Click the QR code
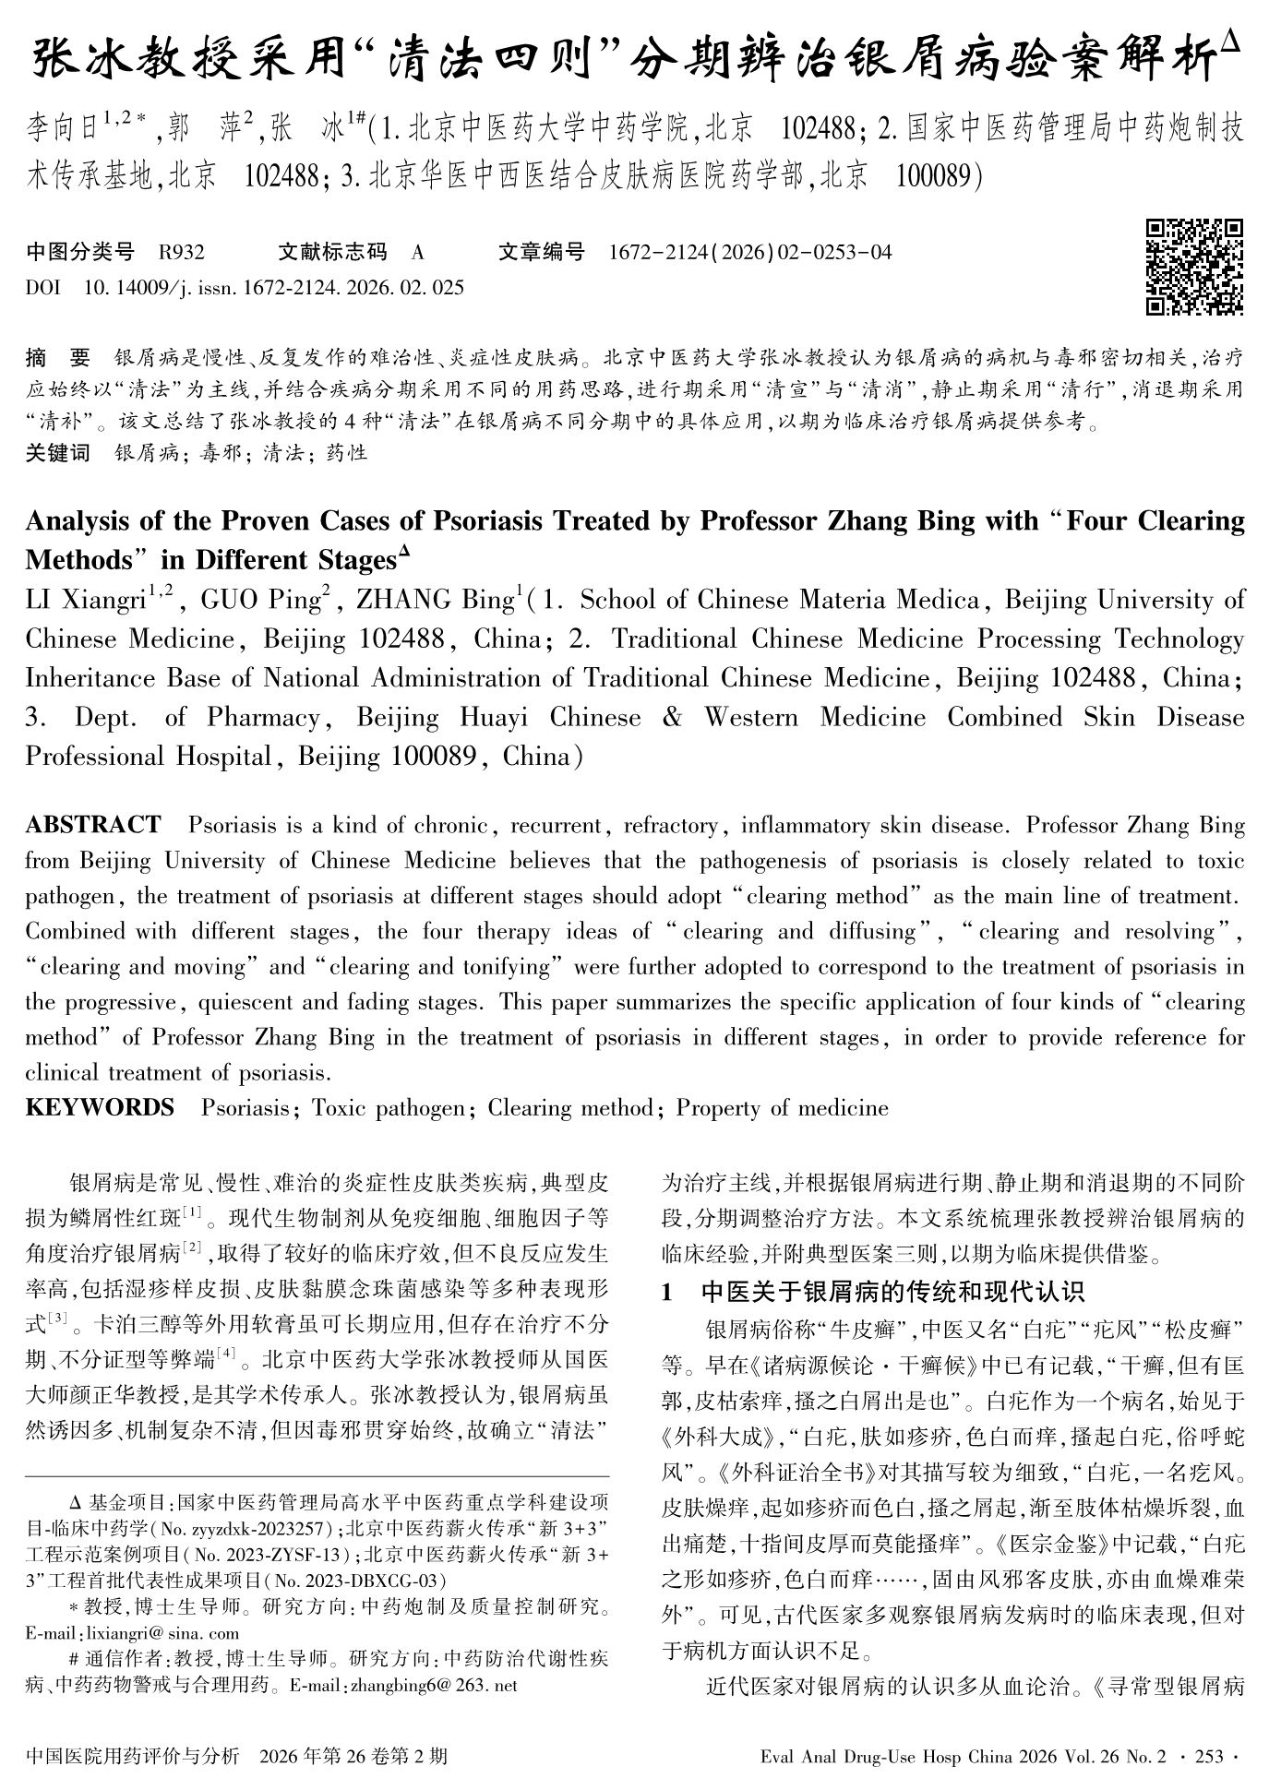coord(1193,266)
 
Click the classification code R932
coord(181,252)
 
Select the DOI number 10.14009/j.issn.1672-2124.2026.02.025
coord(273,288)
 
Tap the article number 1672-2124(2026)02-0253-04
coord(750,252)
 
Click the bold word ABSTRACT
coord(92,824)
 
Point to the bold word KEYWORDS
coord(100,1107)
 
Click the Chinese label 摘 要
coord(58,358)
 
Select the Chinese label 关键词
coord(57,453)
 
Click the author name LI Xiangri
coord(85,601)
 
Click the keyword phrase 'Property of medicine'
coord(782,1107)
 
